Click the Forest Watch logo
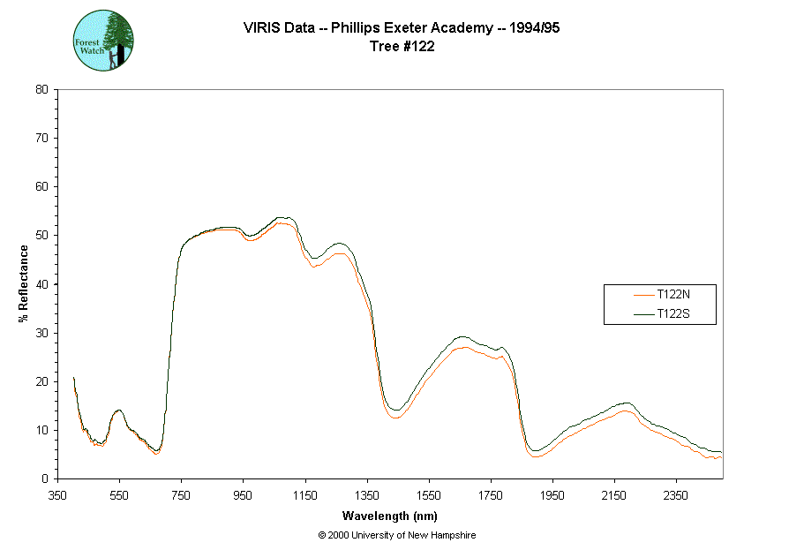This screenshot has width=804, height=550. click(x=104, y=41)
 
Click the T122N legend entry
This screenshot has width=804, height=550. click(x=673, y=294)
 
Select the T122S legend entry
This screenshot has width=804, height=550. click(x=673, y=313)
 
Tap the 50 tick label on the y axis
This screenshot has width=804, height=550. click(x=41, y=236)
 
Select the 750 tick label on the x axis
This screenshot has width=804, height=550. click(x=181, y=494)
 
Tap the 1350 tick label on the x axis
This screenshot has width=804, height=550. click(x=367, y=494)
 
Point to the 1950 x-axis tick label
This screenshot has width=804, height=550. click(x=552, y=494)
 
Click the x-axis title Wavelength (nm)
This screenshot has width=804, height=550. click(x=390, y=516)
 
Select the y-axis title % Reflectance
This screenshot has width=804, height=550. click(x=23, y=283)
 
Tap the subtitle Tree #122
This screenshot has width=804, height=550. click(x=402, y=47)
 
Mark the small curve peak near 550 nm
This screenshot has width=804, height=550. click(x=118, y=411)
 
